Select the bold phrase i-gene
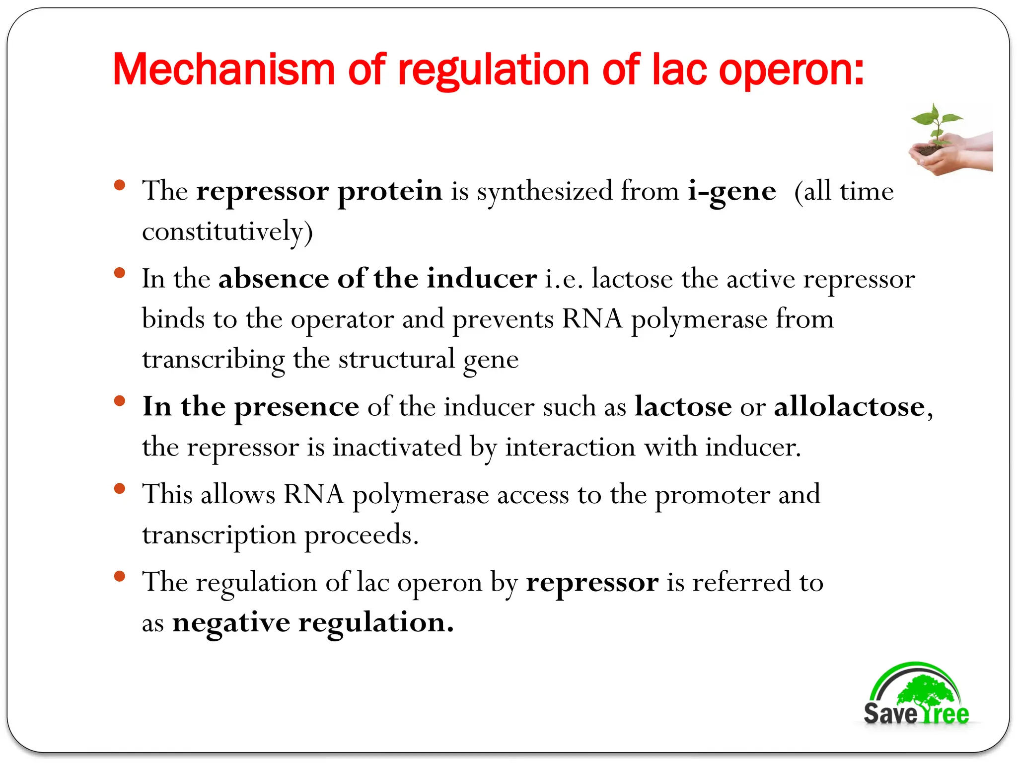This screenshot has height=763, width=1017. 732,192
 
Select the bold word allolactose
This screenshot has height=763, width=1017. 849,407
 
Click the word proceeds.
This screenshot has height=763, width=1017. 361,535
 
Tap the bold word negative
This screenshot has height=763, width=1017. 231,623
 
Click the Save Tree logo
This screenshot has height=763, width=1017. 916,695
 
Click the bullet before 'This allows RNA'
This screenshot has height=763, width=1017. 119,489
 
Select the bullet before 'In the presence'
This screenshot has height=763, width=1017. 119,401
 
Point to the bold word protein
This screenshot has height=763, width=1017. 390,192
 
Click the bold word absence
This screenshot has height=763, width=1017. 274,278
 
